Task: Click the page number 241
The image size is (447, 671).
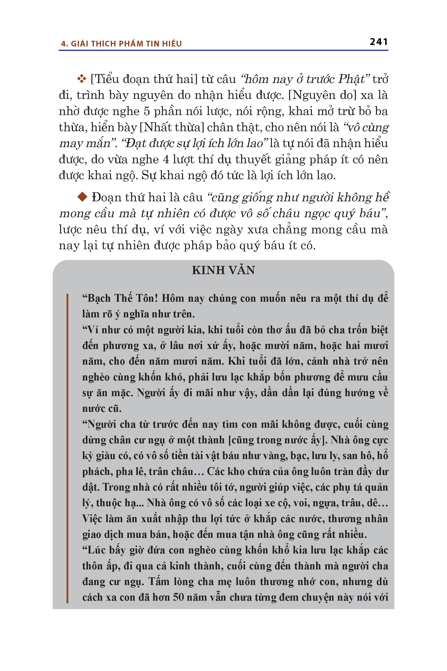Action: tap(378, 42)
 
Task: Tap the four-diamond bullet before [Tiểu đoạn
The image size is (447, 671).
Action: tap(81, 79)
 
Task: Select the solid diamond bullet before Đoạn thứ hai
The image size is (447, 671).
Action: tap(82, 197)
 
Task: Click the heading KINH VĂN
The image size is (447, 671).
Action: tap(223, 270)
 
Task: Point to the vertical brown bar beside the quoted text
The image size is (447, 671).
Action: tap(67, 448)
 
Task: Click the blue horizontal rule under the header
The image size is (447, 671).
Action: tap(223, 50)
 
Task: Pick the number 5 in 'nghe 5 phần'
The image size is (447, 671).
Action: tap(147, 111)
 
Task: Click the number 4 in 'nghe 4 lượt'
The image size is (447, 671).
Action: tap(166, 160)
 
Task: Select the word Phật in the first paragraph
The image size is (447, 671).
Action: tap(351, 79)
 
